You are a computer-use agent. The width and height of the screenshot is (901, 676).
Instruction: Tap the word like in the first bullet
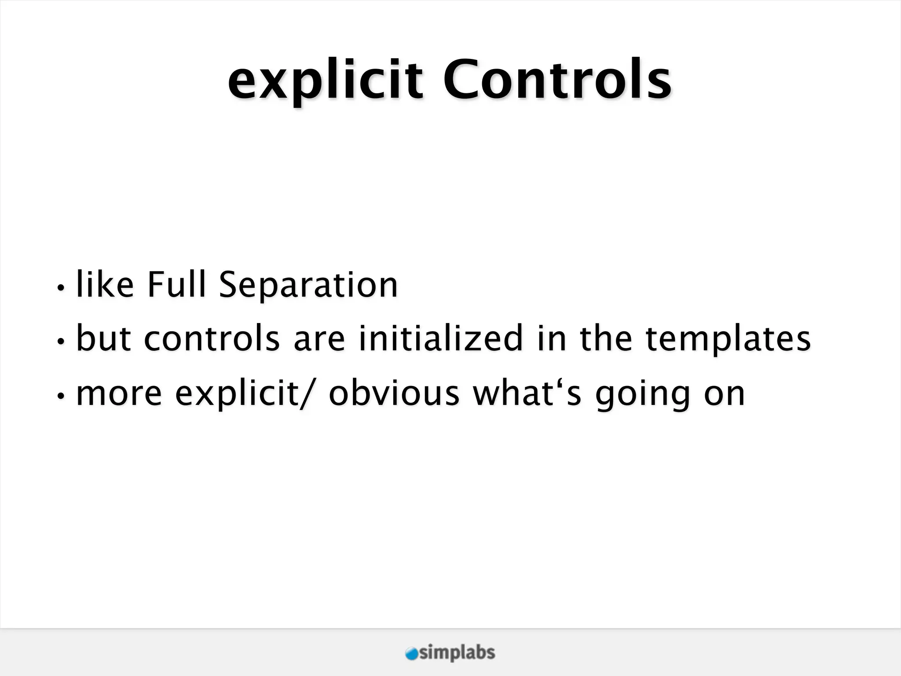(x=105, y=285)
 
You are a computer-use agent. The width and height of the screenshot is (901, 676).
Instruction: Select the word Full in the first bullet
(x=176, y=285)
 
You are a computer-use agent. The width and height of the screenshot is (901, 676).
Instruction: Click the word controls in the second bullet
(x=212, y=339)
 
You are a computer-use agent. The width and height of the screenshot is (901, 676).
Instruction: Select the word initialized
(x=440, y=339)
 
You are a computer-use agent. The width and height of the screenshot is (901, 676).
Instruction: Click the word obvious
(x=394, y=393)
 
